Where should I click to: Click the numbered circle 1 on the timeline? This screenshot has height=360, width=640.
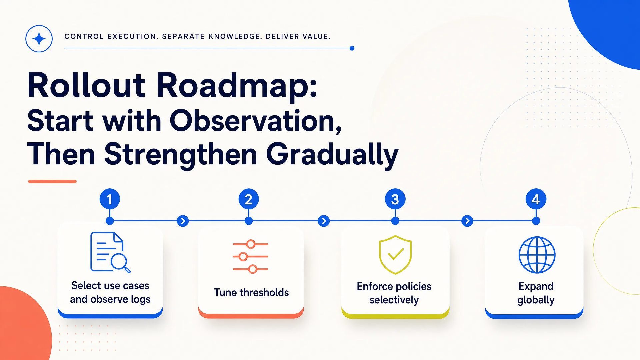tap(110, 199)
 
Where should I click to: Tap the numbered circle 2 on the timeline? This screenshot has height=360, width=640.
tap(249, 199)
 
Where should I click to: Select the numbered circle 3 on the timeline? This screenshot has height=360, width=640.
tap(395, 199)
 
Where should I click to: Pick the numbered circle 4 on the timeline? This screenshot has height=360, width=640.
tap(536, 199)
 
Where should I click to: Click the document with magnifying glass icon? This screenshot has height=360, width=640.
tap(110, 252)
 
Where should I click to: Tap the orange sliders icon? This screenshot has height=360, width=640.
tap(250, 256)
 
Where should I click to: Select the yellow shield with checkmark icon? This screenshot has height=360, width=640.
tap(395, 255)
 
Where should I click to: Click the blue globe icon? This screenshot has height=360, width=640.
tap(537, 255)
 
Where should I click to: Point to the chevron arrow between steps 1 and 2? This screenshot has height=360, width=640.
tap(183, 221)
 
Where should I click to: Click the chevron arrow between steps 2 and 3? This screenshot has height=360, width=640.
tap(324, 221)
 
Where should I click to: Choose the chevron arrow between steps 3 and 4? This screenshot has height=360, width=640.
tap(467, 221)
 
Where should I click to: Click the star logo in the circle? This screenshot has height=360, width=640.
tap(39, 39)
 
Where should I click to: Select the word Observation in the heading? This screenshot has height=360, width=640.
tap(256, 121)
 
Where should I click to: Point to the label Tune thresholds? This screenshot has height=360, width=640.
tap(251, 292)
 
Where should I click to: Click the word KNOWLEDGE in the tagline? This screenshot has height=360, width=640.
tap(235, 37)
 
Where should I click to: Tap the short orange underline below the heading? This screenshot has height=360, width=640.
tap(52, 181)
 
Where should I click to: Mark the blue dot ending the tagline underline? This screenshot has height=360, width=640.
tap(352, 48)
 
